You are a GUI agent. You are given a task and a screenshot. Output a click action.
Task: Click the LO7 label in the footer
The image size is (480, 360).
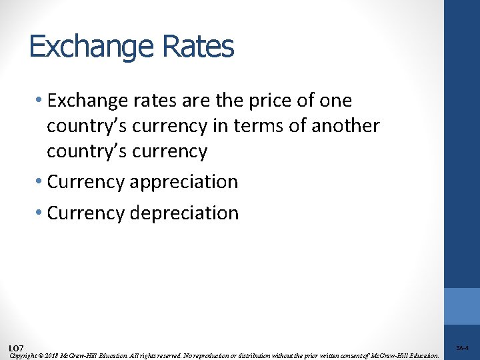click(x=17, y=349)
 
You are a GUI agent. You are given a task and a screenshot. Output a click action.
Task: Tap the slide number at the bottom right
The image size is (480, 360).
click(x=462, y=348)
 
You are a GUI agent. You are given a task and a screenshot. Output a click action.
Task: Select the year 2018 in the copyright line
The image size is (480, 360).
click(x=53, y=356)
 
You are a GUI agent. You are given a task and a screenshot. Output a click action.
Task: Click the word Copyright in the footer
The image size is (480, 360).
click(x=24, y=356)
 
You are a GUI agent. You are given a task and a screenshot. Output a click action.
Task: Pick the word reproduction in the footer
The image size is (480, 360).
click(x=235, y=356)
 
